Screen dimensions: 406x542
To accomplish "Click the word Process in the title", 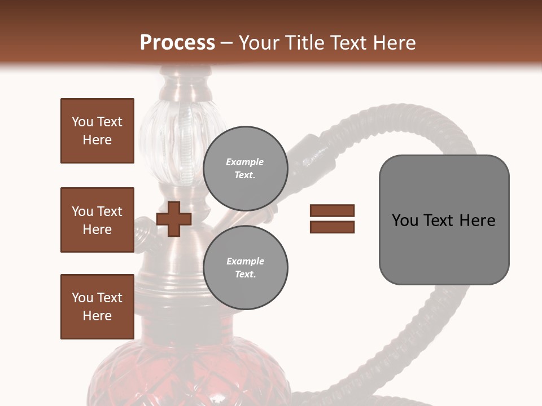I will click(x=177, y=43).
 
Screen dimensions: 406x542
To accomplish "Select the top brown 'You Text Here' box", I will click(x=97, y=131).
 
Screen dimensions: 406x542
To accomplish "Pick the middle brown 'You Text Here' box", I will click(x=97, y=220).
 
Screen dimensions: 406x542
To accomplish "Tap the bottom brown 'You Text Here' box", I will click(x=97, y=307).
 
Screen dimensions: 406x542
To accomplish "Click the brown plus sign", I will click(x=174, y=219).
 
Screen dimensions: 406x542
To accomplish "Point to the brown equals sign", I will click(x=332, y=219).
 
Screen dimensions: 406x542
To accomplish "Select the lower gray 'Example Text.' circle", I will click(x=245, y=267).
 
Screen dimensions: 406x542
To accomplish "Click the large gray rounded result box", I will click(x=444, y=220).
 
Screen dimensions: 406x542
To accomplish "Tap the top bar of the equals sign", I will click(x=332, y=211).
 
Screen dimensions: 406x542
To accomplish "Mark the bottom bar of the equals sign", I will click(x=332, y=227).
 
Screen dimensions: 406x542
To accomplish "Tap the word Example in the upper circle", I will click(x=245, y=162).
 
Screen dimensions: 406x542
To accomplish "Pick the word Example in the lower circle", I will click(x=245, y=261).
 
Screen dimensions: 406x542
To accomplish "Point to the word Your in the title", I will click(x=260, y=43).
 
